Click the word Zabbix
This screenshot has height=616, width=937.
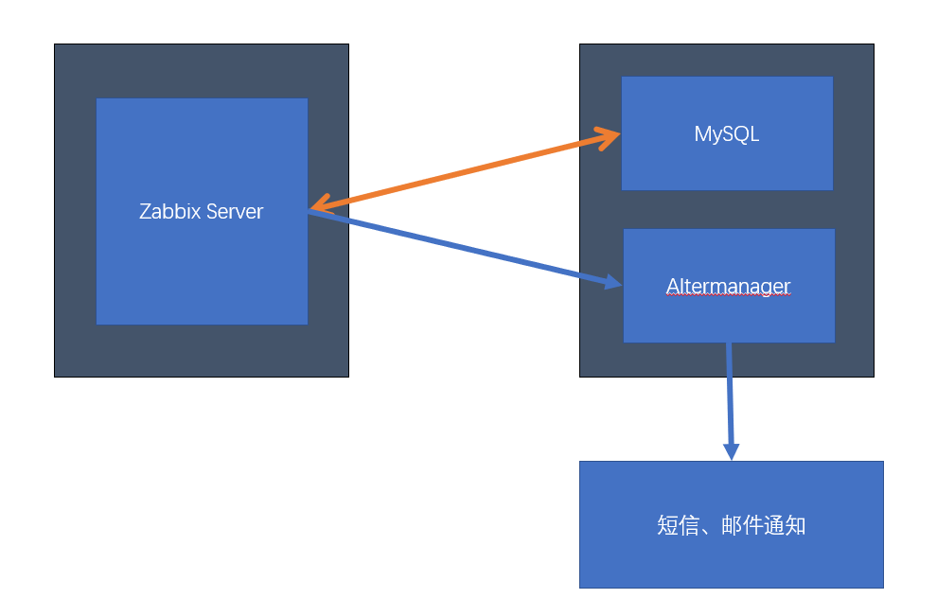[x=169, y=211]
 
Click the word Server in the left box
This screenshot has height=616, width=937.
[x=234, y=211]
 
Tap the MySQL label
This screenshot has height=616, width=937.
[x=726, y=134]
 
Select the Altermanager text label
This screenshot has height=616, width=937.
[x=728, y=285]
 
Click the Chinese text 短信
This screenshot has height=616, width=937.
[x=677, y=526]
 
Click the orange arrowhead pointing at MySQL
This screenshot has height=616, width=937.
[x=610, y=137]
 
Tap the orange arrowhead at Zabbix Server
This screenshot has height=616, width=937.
[x=319, y=203]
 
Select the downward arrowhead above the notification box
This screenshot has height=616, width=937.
[x=731, y=449]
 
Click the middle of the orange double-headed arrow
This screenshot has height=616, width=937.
[x=464, y=171]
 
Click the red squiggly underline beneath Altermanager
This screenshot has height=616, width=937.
[x=728, y=296]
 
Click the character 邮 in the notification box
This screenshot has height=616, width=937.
[x=731, y=526]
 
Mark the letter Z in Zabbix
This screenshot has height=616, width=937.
[x=145, y=211]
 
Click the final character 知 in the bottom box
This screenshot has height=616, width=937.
[x=795, y=526]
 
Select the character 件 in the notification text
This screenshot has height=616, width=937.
[x=752, y=526]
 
